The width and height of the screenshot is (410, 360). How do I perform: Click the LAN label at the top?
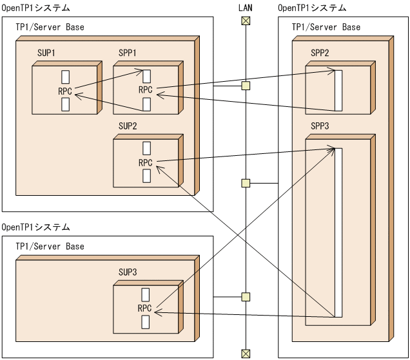pos(245,7)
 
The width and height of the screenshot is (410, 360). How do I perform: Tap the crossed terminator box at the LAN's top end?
pos(245,21)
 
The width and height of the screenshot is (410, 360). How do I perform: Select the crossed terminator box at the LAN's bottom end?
pos(245,352)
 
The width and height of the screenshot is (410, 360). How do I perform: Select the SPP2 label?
pos(320,52)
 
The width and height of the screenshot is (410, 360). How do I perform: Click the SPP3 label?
pos(320,126)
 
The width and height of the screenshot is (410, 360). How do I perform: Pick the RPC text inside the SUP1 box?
pos(64,90)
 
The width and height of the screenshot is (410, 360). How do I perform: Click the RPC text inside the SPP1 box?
pos(146,90)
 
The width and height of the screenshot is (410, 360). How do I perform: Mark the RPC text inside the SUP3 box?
pos(146,308)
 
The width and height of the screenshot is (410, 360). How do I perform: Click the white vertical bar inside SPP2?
pos(338,91)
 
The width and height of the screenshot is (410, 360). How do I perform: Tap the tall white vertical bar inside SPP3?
pos(338,232)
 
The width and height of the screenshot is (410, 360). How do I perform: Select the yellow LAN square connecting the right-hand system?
pos(245,184)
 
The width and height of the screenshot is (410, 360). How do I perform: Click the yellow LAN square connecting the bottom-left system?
pos(245,297)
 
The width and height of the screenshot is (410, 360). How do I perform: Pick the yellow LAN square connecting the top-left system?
pos(245,86)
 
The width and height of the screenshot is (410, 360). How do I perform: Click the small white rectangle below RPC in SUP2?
pos(146,175)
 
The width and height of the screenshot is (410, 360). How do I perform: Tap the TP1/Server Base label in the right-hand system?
pos(326,28)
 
